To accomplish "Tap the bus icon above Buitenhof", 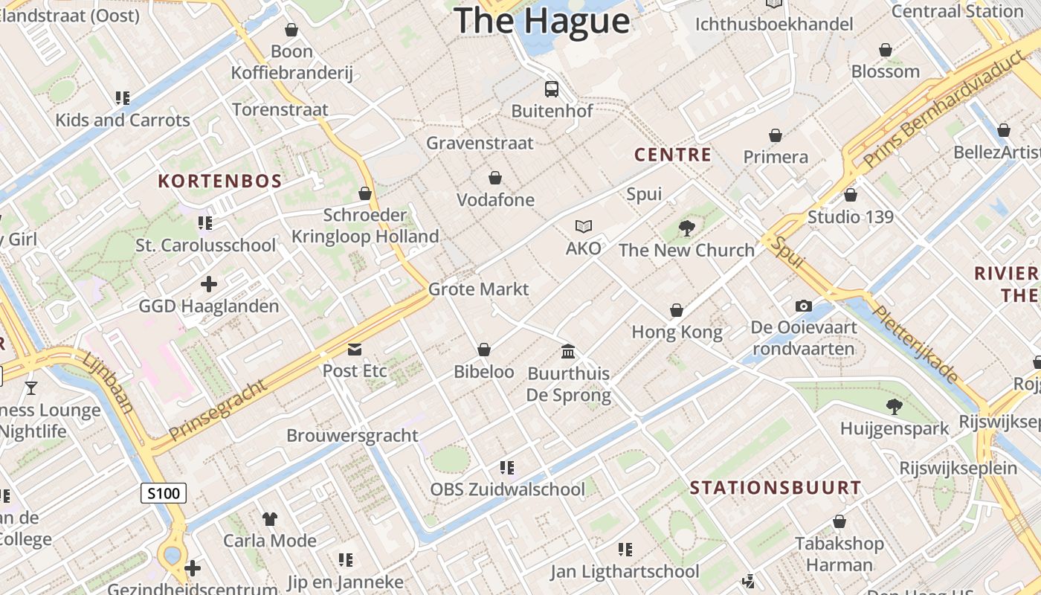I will coord(552,89).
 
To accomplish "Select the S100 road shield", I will coord(164,492).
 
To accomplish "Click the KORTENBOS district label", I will coord(220,181).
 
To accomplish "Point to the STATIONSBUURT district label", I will coord(776,488).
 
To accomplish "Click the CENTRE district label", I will coord(672,155).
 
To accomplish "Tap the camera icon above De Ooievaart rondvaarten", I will coord(803,306).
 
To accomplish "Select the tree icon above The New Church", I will coord(686,228).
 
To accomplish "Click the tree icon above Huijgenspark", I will coord(894,407).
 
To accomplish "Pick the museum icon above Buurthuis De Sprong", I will coord(568,351).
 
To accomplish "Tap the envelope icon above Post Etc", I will coord(355,349).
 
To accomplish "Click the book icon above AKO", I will coord(584,226).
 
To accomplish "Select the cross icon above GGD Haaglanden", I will coord(209,283).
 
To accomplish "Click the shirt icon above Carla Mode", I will coord(270,518).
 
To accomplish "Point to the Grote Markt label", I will coord(478,289).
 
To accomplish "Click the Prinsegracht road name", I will coord(217,410).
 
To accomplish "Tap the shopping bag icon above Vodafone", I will coord(495,178).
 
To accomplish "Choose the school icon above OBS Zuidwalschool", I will coord(507,468).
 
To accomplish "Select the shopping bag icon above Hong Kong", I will coord(677,310).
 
